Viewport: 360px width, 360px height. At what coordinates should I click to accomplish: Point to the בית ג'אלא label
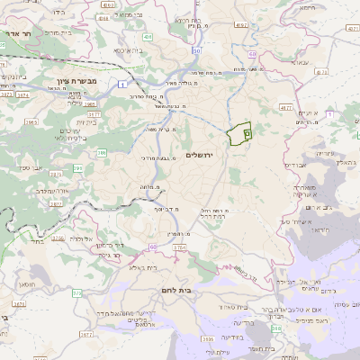pyautogui.click(x=143, y=267)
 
